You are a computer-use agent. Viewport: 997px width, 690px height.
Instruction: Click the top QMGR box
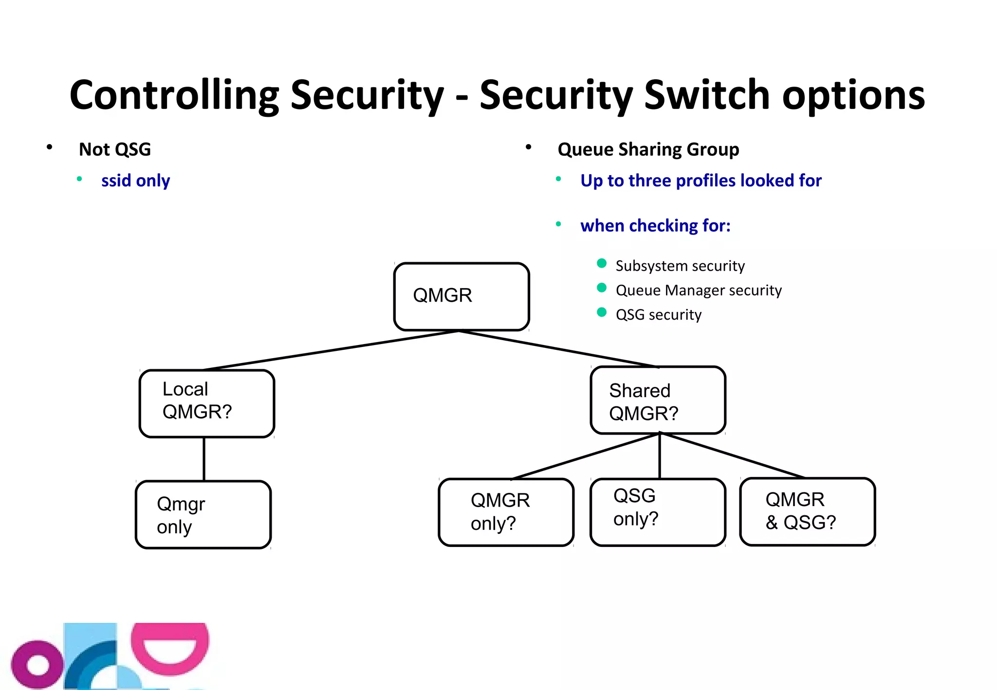tap(461, 296)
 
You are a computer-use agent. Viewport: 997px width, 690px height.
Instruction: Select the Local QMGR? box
tap(207, 403)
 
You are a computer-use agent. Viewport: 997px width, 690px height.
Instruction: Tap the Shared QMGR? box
tap(658, 400)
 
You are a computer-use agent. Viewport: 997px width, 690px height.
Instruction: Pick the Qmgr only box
tap(203, 514)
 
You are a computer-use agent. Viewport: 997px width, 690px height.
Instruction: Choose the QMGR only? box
tap(506, 512)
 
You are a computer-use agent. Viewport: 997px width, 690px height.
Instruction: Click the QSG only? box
tap(658, 512)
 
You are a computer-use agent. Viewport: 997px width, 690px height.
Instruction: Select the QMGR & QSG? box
tap(807, 511)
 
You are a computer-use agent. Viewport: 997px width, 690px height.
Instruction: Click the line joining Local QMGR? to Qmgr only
tap(204, 459)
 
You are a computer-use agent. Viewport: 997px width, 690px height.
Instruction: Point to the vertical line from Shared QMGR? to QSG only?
tap(660, 456)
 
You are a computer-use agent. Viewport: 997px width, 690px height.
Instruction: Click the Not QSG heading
tap(115, 149)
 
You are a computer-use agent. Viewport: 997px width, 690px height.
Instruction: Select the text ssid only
tap(135, 181)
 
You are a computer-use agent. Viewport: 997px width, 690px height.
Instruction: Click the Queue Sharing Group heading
tap(648, 149)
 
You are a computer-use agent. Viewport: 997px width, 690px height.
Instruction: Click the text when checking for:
tap(655, 226)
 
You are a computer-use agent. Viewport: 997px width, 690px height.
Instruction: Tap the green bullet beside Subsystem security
tap(602, 263)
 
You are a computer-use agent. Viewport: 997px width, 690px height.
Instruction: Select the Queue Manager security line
tap(698, 291)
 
